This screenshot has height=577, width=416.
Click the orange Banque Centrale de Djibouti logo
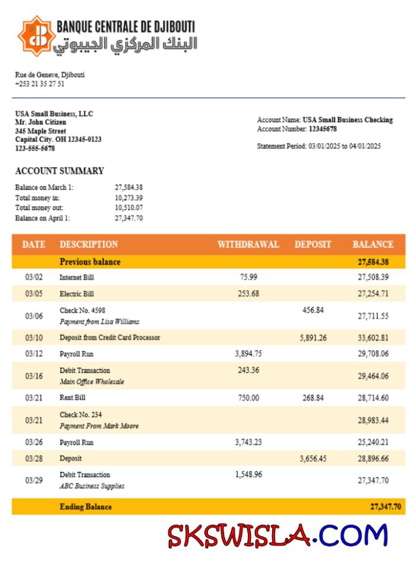tap(34, 34)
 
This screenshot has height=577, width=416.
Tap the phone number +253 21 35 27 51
tap(40, 84)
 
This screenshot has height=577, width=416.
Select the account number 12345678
tap(323, 129)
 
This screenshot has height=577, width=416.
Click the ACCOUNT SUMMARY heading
tap(59, 171)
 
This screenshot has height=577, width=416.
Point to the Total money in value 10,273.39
tap(128, 197)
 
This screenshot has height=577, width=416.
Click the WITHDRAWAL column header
tap(248, 244)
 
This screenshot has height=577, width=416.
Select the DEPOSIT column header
tap(313, 244)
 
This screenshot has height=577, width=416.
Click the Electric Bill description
tap(77, 293)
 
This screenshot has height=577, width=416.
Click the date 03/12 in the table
tap(34, 354)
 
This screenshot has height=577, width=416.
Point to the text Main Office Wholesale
tap(92, 382)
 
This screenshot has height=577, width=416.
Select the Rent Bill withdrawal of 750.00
tap(248, 398)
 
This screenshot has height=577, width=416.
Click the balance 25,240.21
tap(373, 442)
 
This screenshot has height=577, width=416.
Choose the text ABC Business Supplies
tap(92, 486)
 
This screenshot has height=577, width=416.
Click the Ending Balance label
tap(86, 507)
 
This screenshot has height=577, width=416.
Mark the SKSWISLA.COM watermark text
tap(277, 535)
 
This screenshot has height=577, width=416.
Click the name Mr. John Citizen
tap(40, 122)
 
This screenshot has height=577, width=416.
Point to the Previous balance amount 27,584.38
tap(373, 262)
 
